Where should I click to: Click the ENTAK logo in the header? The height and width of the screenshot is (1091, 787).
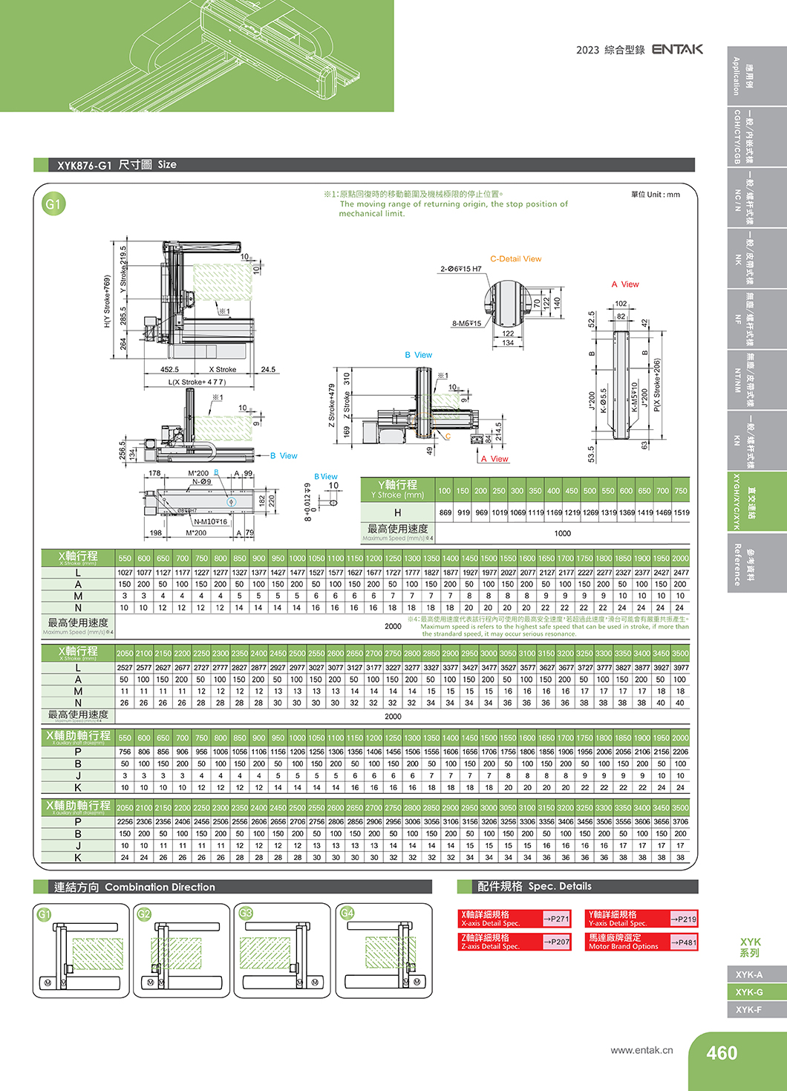click(677, 49)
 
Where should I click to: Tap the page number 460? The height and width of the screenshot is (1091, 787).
click(721, 1053)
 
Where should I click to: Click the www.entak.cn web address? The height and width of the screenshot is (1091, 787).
click(641, 1050)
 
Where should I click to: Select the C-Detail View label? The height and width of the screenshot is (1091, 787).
click(515, 259)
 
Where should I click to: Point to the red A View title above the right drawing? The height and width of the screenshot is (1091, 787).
click(624, 284)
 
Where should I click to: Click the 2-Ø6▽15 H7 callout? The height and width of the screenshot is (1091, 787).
click(460, 269)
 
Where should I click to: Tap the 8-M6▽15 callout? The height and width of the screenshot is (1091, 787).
click(466, 323)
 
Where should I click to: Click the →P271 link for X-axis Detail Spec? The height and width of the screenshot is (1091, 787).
click(556, 919)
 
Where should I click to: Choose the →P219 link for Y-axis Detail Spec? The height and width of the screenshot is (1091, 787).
click(683, 919)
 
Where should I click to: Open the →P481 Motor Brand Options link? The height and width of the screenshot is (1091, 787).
click(683, 942)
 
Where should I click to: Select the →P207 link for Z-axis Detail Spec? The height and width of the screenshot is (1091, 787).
click(556, 942)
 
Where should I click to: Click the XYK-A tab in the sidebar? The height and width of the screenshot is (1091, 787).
click(748, 974)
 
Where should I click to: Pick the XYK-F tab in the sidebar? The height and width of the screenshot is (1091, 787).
click(748, 1009)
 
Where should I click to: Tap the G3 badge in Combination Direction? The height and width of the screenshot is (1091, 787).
click(246, 913)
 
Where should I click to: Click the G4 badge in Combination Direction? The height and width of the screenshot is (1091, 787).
click(347, 913)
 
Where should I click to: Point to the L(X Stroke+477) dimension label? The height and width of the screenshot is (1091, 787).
click(197, 382)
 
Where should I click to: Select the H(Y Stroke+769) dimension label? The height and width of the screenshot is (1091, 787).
click(108, 302)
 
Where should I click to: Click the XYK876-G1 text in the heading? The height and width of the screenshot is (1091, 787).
click(84, 165)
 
